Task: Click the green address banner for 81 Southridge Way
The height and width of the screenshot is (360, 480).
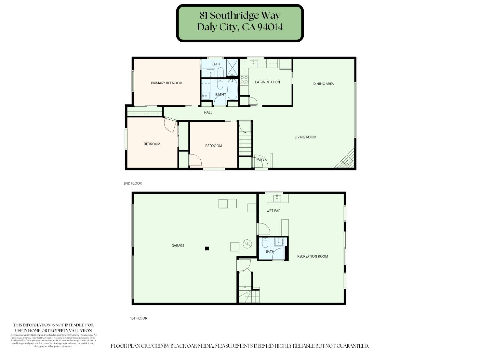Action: pos(240,23)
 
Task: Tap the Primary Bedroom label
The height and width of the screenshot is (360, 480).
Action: pos(166,83)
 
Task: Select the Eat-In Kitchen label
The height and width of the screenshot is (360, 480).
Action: pos(267,82)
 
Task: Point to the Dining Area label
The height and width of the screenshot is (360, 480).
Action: pos(323,84)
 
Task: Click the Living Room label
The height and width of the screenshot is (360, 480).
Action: pos(305,137)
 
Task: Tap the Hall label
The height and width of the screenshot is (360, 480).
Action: pos(208,112)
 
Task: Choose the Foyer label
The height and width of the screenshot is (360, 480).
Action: pos(261,159)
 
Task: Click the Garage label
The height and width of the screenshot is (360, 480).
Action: pos(178,246)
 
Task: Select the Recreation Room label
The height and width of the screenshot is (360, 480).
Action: pos(312,256)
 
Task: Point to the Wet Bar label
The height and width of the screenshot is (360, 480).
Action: pos(273,211)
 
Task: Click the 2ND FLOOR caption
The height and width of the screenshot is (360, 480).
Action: pos(132,183)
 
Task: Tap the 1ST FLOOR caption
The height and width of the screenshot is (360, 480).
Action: pos(138,318)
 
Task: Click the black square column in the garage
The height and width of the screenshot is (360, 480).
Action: pos(207,248)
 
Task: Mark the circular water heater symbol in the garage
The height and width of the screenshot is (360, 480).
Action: pos(247,244)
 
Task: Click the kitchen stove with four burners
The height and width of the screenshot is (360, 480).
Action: pos(244,80)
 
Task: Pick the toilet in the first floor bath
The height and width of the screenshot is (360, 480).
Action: pos(265,243)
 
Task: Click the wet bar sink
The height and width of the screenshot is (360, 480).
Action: pos(277,198)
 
